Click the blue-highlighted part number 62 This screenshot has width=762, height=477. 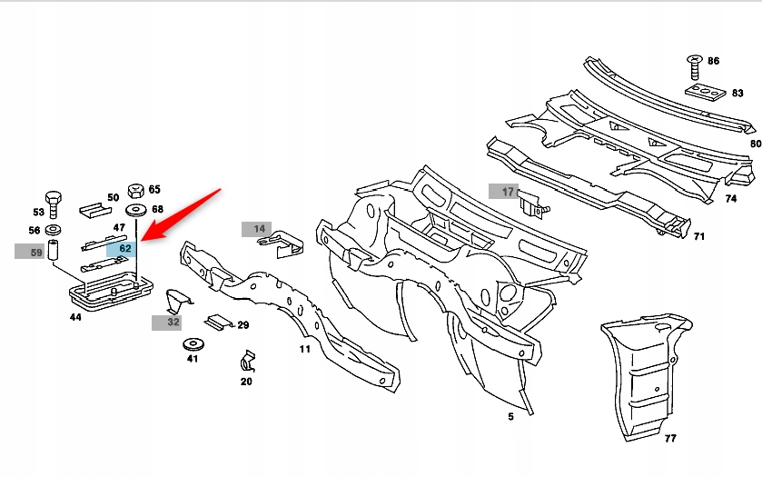pyautogui.click(x=125, y=248)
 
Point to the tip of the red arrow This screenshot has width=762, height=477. pyautogui.click(x=142, y=240)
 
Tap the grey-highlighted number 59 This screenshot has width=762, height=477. pyautogui.click(x=36, y=253)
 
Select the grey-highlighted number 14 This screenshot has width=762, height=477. pyautogui.click(x=260, y=229)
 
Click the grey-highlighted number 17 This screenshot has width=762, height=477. pyautogui.click(x=508, y=192)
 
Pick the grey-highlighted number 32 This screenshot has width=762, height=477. pyautogui.click(x=173, y=322)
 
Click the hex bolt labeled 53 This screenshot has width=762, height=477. pyautogui.click(x=53, y=204)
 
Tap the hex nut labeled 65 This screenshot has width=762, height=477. pyautogui.click(x=135, y=191)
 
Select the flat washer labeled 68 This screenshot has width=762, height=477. pyautogui.click(x=136, y=211)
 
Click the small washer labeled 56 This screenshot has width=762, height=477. pyautogui.click(x=53, y=230)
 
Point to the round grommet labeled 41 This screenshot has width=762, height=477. pyautogui.click(x=193, y=344)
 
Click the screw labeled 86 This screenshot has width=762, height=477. pyautogui.click(x=695, y=67)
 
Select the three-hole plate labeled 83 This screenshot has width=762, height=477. pyautogui.click(x=706, y=92)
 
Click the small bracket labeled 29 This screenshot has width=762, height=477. pyautogui.click(x=219, y=323)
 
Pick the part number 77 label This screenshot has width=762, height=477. pyautogui.click(x=670, y=438)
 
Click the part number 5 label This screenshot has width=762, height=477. pyautogui.click(x=510, y=417)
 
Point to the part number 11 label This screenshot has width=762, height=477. pyautogui.click(x=304, y=349)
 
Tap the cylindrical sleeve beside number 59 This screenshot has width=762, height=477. pyautogui.click(x=53, y=250)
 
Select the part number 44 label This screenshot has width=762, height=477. pyautogui.click(x=75, y=317)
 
